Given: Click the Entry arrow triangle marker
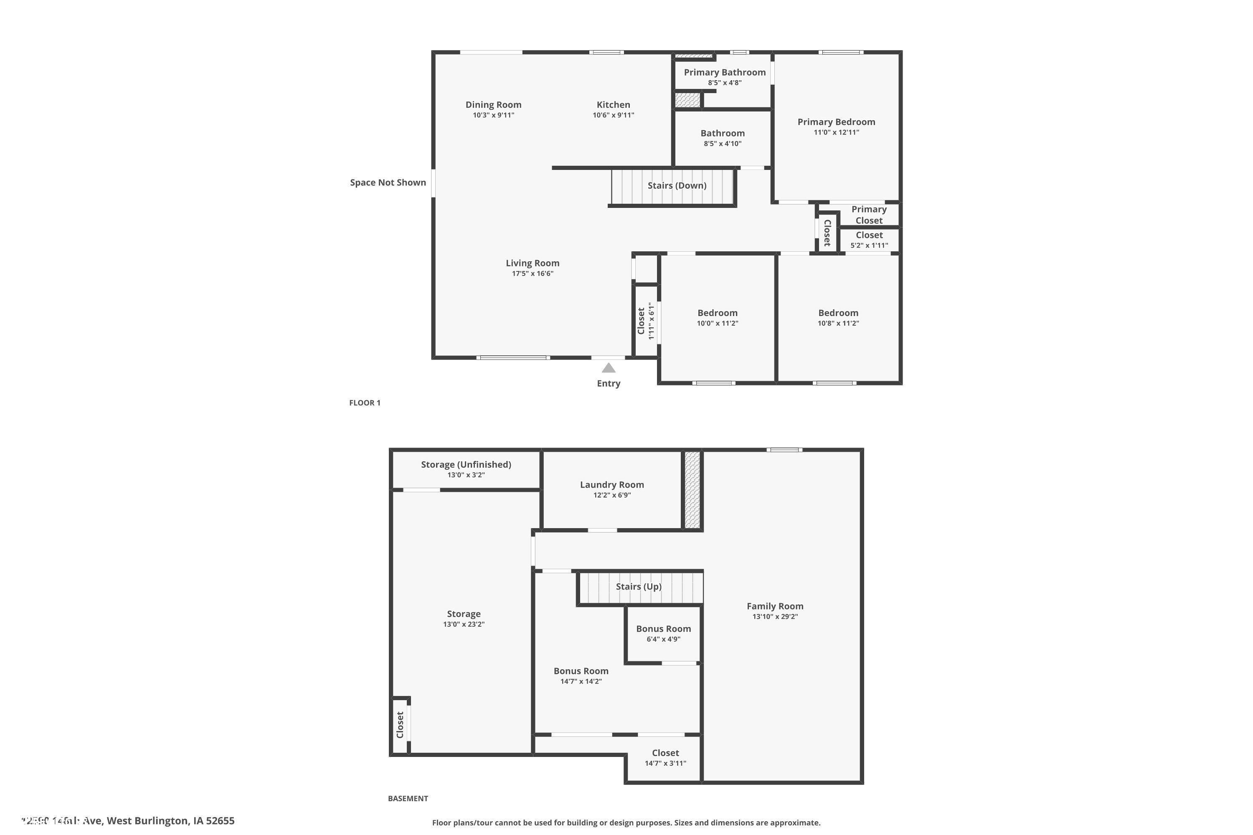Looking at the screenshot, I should click(609, 368).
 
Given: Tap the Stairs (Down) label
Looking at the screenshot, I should click(677, 185).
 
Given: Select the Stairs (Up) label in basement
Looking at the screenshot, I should click(638, 586).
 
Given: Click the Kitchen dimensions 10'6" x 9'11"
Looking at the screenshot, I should click(613, 115).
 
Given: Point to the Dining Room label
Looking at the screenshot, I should click(493, 105).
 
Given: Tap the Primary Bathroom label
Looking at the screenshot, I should click(725, 72).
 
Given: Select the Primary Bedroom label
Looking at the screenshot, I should click(836, 122).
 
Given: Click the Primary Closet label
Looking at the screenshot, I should click(868, 215).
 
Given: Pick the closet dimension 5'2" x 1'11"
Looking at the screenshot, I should click(869, 245).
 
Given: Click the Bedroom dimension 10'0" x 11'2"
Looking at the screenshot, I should click(717, 323).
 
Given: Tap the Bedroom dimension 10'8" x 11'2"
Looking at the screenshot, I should click(838, 323).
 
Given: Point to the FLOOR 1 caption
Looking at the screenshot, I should click(365, 402).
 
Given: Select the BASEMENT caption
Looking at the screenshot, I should click(408, 798).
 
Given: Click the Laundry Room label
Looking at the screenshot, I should click(611, 485).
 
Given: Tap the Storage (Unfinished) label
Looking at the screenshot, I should click(466, 464).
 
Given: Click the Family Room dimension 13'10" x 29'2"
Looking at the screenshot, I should click(775, 617).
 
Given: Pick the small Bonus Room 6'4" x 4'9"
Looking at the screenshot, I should click(663, 634).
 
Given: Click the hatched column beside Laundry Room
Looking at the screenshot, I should click(692, 490).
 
